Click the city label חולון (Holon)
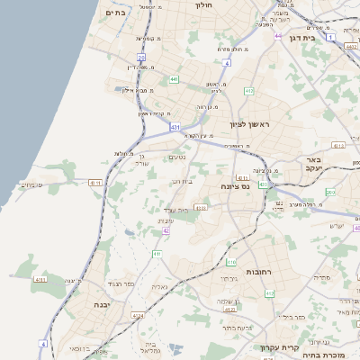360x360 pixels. pos(203,5)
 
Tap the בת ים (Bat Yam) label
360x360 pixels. pos(113,13)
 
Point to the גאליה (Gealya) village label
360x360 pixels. pos(159,286)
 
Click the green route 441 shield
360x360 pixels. pos(172,79)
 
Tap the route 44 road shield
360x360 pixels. pos(278,37)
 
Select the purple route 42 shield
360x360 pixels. pos(166,230)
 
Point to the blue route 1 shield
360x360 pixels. pos(330,39)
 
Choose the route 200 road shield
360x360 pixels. pos(330,193)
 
